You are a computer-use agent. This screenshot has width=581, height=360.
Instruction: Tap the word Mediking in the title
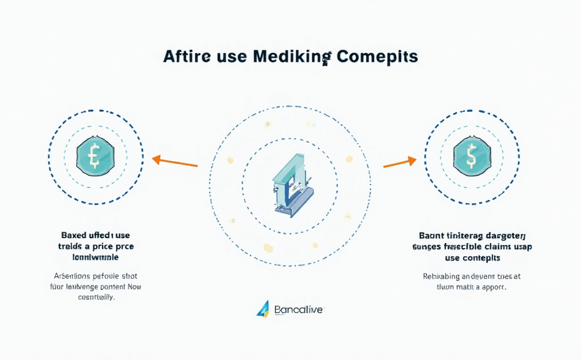click(x=292, y=56)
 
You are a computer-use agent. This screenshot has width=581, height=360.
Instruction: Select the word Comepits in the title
click(x=377, y=56)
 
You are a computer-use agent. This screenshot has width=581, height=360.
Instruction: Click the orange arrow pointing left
click(x=174, y=162)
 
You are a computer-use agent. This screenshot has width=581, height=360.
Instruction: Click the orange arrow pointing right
click(x=400, y=162)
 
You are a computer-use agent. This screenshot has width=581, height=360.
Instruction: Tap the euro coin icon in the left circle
click(x=94, y=157)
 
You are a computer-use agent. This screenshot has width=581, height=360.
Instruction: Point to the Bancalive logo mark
click(x=263, y=308)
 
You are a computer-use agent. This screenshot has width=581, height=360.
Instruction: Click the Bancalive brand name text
click(x=297, y=309)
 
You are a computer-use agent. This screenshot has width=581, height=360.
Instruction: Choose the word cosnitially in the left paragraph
click(x=96, y=297)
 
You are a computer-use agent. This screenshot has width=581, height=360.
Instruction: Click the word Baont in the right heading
click(x=432, y=236)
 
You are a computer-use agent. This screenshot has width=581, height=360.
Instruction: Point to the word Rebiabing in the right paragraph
click(x=440, y=276)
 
